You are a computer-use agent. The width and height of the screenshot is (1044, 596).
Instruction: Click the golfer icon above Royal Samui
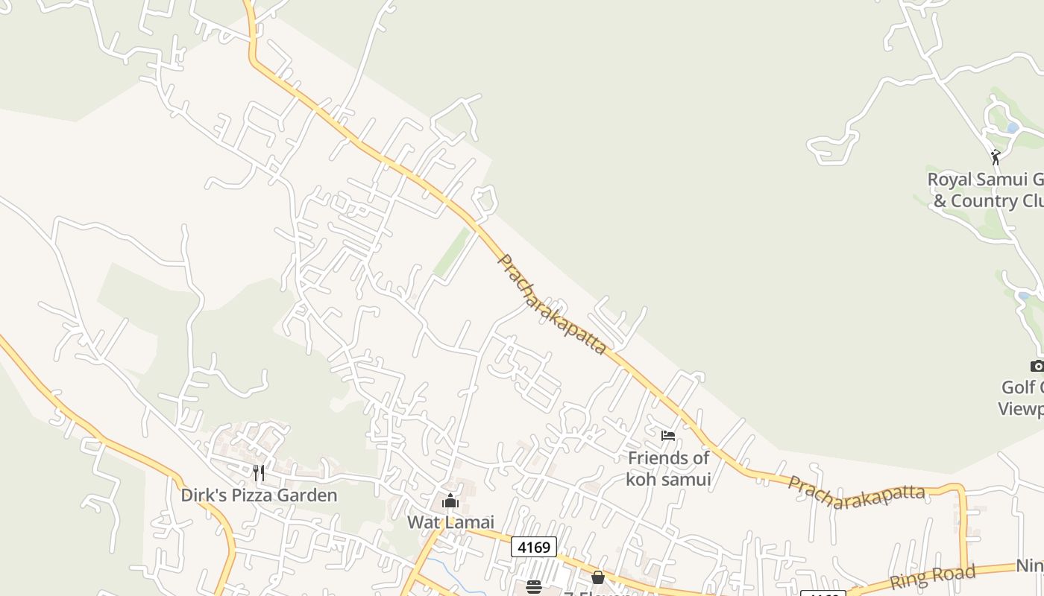[995, 157]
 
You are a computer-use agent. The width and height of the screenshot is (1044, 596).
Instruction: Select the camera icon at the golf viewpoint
[1037, 365]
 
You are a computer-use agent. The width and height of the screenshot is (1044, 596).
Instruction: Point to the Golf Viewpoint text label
[1022, 398]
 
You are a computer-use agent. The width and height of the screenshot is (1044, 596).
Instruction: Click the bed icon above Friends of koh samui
[667, 435]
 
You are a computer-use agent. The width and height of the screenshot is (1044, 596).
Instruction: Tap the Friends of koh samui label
[667, 469]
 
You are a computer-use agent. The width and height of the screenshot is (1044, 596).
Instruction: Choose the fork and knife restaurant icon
[259, 472]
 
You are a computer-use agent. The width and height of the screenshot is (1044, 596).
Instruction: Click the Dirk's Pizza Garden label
[259, 495]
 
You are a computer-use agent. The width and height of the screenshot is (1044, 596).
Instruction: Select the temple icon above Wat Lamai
[450, 501]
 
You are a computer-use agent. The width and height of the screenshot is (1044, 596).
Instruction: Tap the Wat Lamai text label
[450, 523]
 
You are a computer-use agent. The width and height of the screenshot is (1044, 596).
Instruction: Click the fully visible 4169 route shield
[534, 548]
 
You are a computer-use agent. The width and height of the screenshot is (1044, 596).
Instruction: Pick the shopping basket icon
[597, 577]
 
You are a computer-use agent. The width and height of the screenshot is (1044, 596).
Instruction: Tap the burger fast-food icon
[533, 587]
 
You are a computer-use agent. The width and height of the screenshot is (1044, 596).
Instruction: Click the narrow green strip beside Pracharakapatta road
[452, 253]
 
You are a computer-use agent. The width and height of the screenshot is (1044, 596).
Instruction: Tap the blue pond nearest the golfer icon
[1012, 128]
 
